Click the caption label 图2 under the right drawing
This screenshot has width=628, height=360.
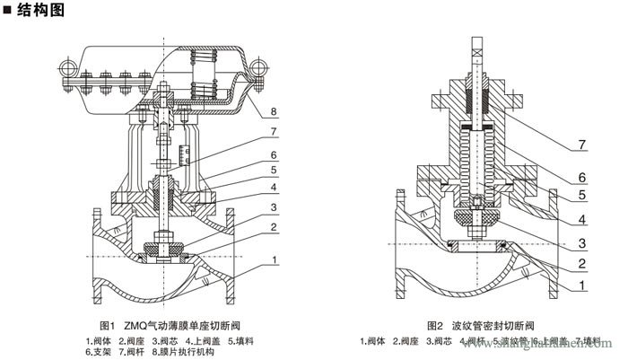(435, 324)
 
